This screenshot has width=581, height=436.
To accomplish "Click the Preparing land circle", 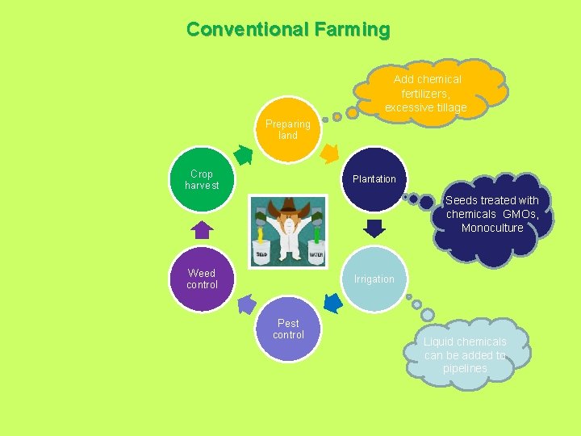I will point(288,130).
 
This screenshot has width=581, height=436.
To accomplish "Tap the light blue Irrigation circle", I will point(374,279).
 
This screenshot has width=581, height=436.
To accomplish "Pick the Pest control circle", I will point(288,330).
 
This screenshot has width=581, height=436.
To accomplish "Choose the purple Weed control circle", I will point(202,279).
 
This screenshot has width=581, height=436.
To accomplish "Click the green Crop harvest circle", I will point(202,179).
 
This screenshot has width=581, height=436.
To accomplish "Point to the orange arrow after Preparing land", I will point(330,152).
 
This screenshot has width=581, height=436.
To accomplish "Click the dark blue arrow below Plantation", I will point(374,228).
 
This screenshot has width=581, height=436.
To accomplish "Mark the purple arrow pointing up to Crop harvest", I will point(203,230).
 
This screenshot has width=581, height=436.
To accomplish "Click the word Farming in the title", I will point(353,30).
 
